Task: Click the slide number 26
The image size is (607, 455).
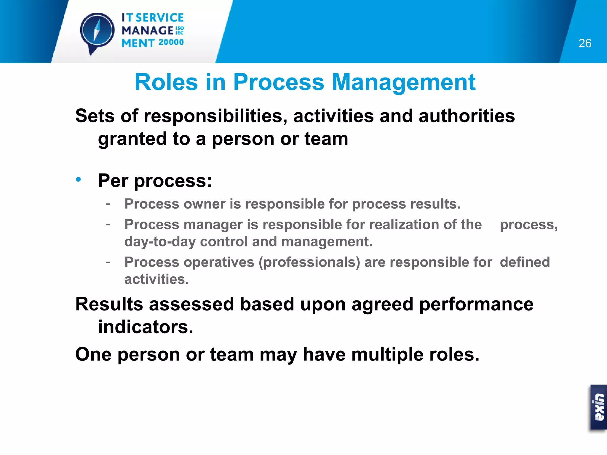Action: (x=584, y=43)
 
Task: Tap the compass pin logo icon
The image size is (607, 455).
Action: (x=97, y=31)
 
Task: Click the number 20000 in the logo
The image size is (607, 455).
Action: (x=171, y=42)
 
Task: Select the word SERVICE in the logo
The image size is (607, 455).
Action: (x=159, y=18)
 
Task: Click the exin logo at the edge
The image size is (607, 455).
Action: (x=599, y=407)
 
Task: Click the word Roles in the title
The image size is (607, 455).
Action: (x=166, y=82)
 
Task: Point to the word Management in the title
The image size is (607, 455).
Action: (x=403, y=82)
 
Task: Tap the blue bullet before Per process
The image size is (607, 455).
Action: (x=78, y=180)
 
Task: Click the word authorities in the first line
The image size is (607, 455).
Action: (x=467, y=116)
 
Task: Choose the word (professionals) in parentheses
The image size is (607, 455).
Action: (x=309, y=262)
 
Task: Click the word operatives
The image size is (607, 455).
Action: (x=219, y=262)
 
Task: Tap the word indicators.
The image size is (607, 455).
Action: (x=146, y=327)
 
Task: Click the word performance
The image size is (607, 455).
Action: (x=476, y=304)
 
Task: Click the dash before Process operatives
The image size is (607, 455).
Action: (x=108, y=262)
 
